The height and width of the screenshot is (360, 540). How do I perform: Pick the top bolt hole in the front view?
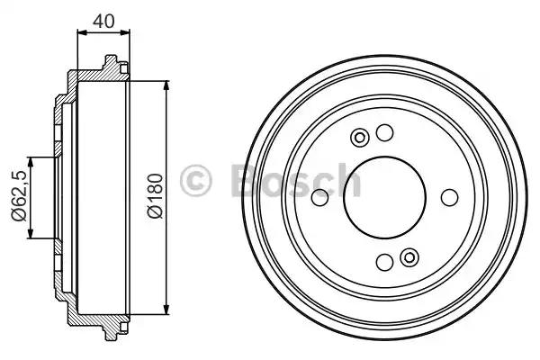click(x=385, y=133)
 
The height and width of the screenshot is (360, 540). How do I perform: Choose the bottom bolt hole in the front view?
click(x=384, y=263)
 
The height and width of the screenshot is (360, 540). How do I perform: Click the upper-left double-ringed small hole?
click(x=360, y=138)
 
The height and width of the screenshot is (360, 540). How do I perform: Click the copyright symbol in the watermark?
click(x=196, y=180)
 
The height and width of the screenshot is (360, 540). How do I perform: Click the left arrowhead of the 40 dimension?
click(x=82, y=33)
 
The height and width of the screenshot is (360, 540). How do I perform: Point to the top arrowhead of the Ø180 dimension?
click(x=167, y=86)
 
